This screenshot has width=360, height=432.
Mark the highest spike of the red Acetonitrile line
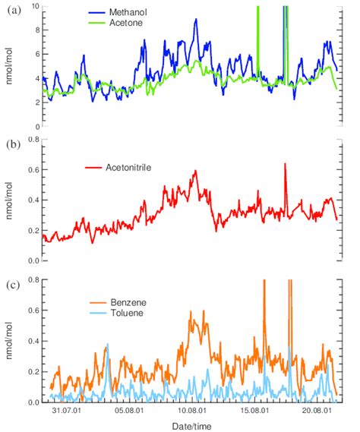point(285,163)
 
